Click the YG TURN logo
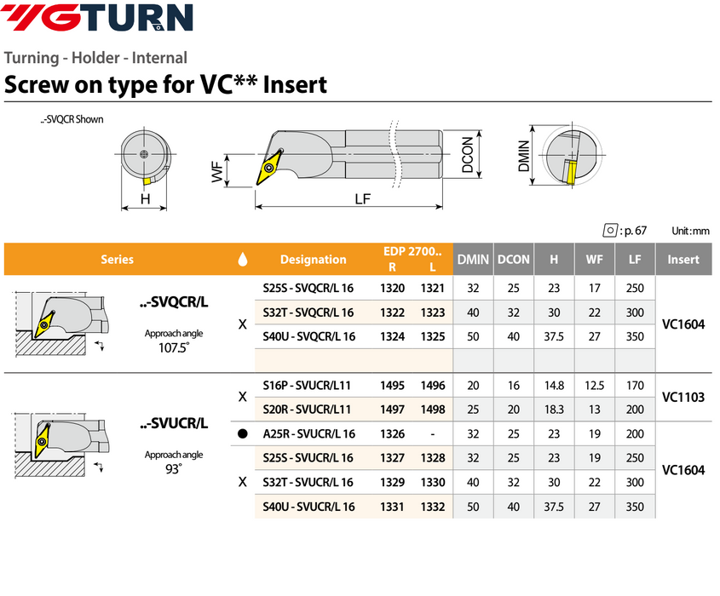point(99,18)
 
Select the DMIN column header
point(473,260)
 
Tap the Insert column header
point(683,260)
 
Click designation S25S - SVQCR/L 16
point(309,289)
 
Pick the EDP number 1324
point(392,336)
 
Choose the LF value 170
point(635,385)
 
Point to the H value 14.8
point(555,385)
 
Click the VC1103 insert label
point(683,397)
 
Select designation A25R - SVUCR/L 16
point(309,433)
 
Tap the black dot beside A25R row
point(243,433)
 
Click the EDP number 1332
point(433,507)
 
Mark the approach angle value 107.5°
point(174,348)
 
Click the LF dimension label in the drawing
point(362,199)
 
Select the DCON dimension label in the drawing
point(468,157)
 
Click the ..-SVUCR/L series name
point(174,423)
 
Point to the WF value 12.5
point(595,385)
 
